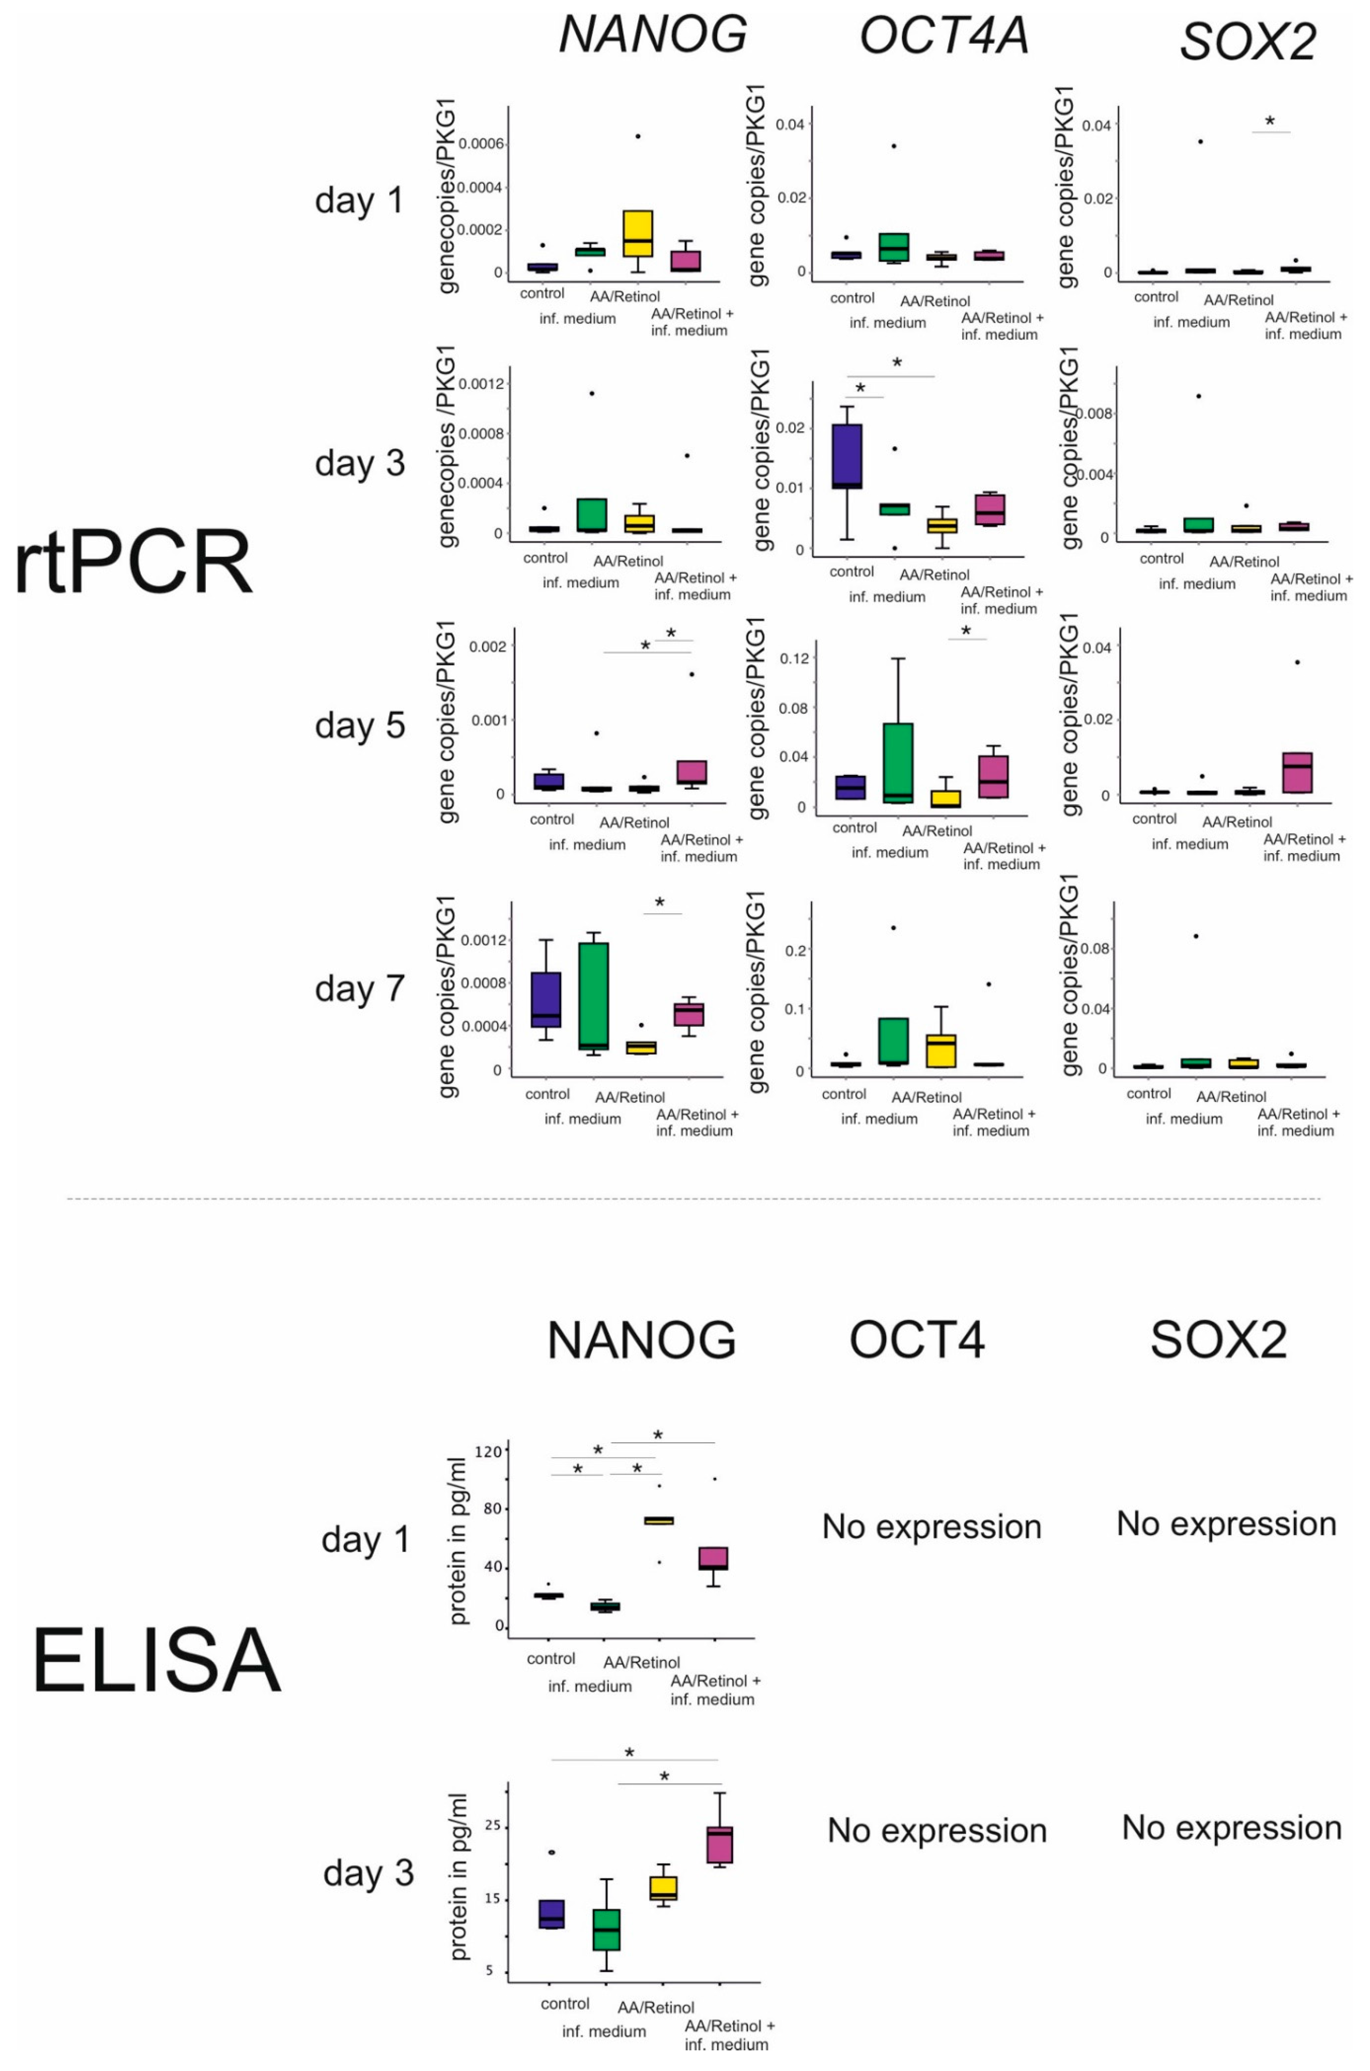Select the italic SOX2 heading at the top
pos(1248,40)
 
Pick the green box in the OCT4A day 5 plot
pos(897,762)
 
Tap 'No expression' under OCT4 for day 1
pos(931,1526)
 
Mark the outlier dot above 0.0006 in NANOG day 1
pos(638,136)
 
